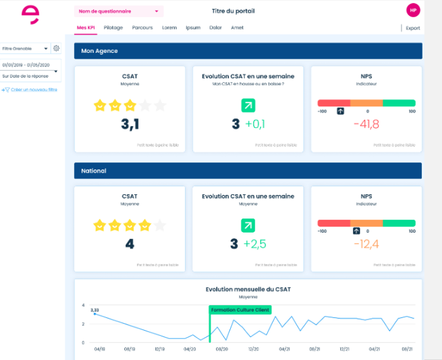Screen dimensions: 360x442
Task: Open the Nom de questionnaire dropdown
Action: point(119,11)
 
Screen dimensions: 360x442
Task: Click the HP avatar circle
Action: point(413,11)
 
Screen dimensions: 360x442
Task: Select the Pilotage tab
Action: point(113,28)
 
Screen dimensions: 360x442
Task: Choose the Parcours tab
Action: point(142,28)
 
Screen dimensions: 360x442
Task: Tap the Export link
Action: point(413,28)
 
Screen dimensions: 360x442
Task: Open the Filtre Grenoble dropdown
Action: point(25,49)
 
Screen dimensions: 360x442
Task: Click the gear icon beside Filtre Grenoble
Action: point(56,49)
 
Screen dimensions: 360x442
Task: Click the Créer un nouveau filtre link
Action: point(30,90)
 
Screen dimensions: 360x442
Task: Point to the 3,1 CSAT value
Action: point(130,124)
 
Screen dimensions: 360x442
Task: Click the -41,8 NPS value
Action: point(366,124)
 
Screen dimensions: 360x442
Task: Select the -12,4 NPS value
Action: point(366,244)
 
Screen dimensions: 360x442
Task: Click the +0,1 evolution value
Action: point(255,124)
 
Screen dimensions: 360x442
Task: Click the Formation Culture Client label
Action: point(240,309)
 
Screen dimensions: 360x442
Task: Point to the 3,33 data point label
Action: point(95,309)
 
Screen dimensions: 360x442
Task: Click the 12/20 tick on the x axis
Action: point(253,349)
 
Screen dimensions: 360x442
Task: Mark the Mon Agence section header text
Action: point(100,51)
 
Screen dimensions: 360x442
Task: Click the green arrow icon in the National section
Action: point(248,226)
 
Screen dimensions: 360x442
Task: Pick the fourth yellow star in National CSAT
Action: point(144,225)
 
